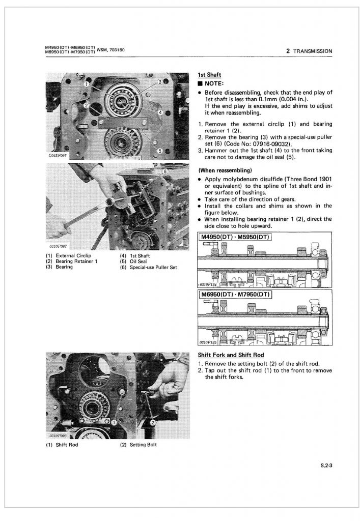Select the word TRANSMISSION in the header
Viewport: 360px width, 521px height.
pos(312,51)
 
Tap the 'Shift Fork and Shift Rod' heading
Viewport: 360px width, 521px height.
pos(230,354)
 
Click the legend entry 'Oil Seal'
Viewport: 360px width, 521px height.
pos(139,261)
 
